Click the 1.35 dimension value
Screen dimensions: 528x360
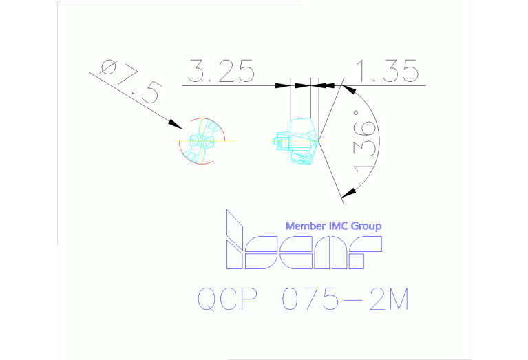tap(387, 72)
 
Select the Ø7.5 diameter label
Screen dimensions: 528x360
tap(131, 82)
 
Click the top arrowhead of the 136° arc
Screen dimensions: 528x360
tap(348, 89)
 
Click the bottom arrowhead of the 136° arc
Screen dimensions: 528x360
tap(348, 193)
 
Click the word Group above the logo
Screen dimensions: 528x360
tap(366, 226)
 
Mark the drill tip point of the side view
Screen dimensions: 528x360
tap(319, 142)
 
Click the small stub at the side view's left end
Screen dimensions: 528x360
tap(275, 142)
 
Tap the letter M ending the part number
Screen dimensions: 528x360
tap(397, 299)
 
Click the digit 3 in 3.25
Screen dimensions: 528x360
tap(198, 72)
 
